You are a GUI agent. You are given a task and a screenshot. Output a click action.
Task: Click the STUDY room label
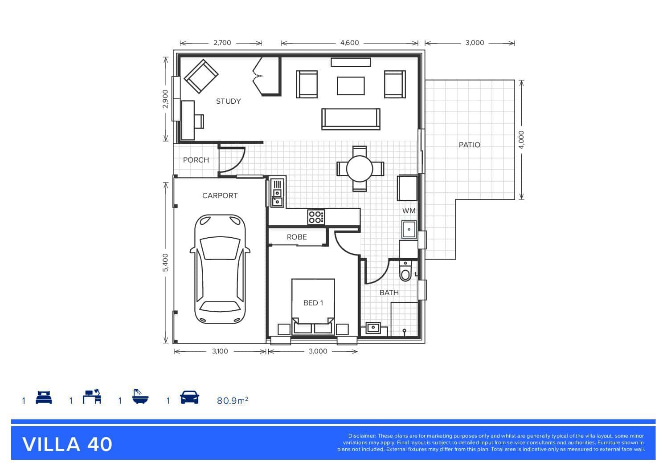point(229,101)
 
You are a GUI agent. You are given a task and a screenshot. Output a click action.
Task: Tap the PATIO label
point(469,145)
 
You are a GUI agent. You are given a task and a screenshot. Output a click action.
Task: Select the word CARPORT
point(220,195)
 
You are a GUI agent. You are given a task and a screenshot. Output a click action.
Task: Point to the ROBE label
point(297,237)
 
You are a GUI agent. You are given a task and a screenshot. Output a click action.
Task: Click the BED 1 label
point(313,303)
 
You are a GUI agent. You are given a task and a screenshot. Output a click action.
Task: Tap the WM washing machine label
point(409,211)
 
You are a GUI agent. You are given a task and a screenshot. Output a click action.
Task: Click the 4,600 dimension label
point(350,43)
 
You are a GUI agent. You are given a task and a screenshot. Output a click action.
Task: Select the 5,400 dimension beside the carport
point(165,262)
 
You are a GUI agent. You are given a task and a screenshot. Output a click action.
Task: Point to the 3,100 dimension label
point(220,351)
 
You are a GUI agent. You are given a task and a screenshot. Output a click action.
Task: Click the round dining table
point(360,169)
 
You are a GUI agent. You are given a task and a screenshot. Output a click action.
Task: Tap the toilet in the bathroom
point(405,270)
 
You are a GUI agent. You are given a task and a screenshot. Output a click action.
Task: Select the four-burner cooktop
point(316,217)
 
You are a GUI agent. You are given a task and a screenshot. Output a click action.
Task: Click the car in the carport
point(220,269)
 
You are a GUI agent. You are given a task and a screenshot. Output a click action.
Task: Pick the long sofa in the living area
point(351,119)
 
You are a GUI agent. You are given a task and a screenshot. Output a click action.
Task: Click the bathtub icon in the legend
point(140,396)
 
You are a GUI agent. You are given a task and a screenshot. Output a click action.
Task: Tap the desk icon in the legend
point(92,397)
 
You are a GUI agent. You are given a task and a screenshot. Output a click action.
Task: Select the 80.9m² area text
point(232,401)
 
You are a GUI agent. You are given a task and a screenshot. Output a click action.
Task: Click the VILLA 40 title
point(67,445)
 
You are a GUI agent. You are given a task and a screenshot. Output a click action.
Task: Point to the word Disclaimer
point(362,436)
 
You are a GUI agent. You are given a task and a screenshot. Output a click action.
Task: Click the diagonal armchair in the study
point(201,77)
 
